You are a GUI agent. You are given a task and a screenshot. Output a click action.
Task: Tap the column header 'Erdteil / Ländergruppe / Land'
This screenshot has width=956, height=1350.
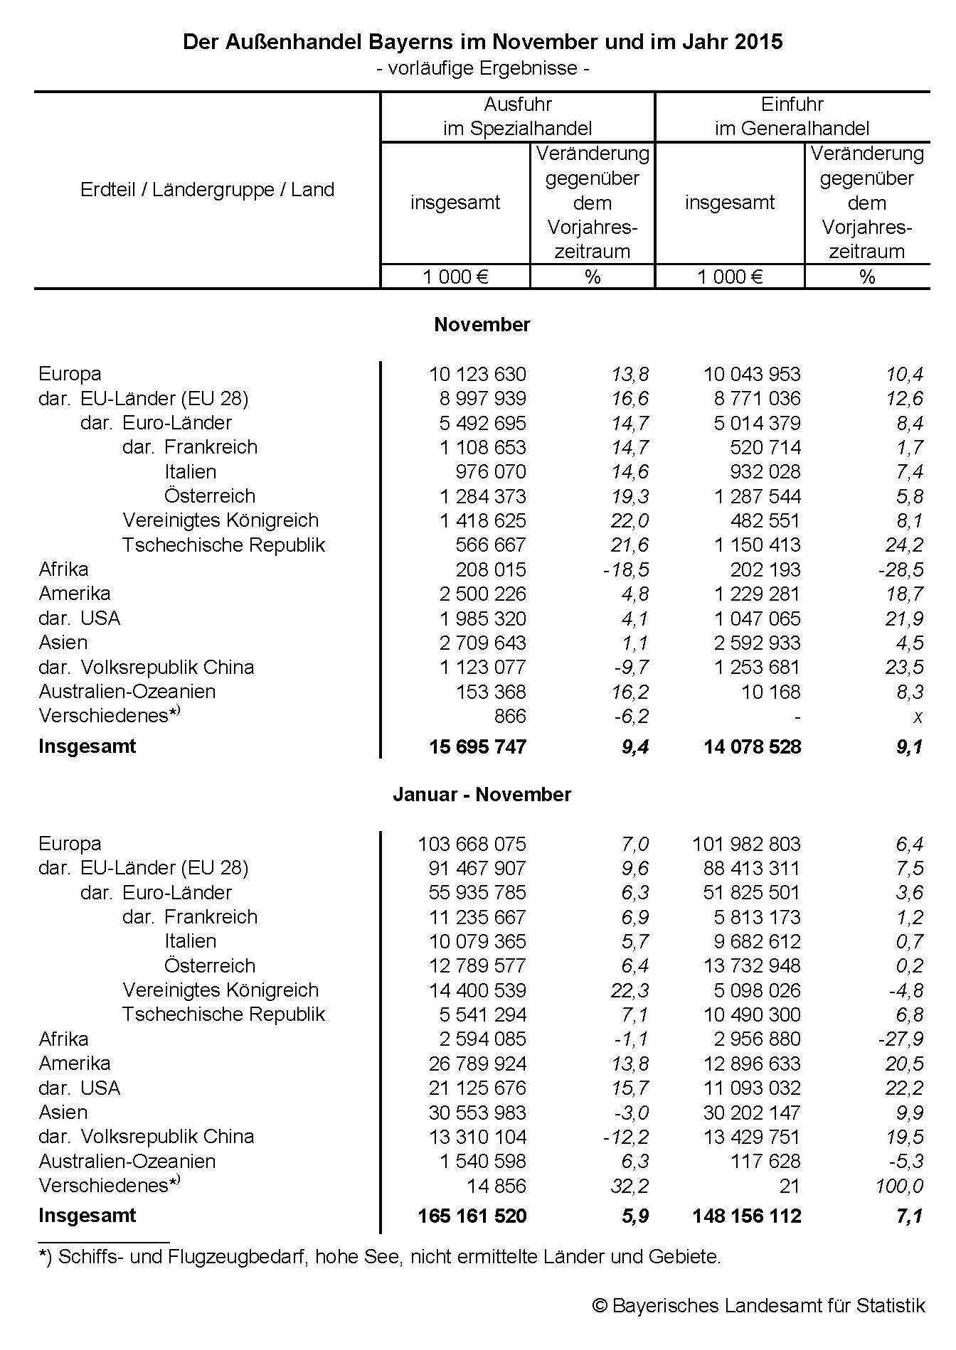tap(207, 190)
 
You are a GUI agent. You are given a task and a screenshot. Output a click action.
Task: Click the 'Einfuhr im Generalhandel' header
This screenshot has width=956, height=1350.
tap(792, 117)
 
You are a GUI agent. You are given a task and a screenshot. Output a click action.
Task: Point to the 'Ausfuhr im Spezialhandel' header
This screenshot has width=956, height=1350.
tap(518, 117)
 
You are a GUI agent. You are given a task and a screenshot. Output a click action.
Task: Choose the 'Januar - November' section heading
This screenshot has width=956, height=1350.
tap(482, 794)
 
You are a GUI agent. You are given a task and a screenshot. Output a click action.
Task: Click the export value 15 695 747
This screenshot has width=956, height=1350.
tap(477, 746)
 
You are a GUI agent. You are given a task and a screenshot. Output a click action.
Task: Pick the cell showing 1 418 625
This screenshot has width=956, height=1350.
tap(482, 520)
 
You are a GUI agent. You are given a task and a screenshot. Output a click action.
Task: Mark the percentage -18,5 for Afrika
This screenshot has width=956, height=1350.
tap(626, 569)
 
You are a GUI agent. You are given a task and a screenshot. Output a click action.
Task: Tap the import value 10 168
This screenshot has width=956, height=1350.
tap(771, 692)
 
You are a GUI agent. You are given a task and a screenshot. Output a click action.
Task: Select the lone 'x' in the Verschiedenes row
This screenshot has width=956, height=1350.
tap(918, 717)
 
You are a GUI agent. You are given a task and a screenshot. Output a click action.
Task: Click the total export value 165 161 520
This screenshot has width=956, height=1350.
tap(472, 1216)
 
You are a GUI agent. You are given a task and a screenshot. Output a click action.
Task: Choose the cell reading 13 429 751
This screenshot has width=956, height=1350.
tap(752, 1137)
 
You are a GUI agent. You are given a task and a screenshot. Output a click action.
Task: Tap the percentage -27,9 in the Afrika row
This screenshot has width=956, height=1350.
tap(901, 1039)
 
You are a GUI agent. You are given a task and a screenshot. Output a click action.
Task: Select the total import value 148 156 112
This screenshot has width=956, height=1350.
tap(747, 1216)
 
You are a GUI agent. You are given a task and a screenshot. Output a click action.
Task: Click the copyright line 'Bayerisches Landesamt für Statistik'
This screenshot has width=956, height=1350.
tap(759, 1306)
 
